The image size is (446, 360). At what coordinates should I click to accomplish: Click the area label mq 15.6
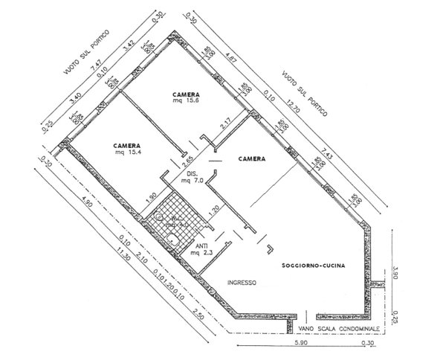coord(187,103)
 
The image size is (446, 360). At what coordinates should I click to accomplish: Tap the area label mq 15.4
coord(128,154)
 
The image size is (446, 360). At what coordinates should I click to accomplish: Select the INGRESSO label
coord(242,283)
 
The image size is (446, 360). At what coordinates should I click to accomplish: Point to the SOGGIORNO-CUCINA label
coord(311,266)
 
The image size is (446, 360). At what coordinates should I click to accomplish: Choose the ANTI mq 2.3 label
coord(201,250)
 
